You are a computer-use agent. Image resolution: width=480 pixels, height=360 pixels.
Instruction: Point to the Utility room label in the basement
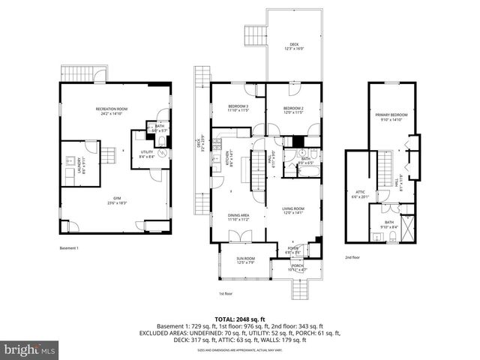point(146,154)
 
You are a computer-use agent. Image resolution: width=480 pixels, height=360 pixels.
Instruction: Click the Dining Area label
point(239,217)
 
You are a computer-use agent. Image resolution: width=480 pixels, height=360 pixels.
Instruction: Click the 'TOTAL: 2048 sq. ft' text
point(240,319)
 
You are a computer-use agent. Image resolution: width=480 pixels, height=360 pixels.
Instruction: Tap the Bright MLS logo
point(30,349)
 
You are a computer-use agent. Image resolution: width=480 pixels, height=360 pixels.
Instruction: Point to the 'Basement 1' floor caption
point(68,247)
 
